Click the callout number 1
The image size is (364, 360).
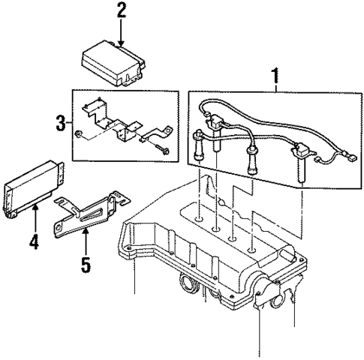(275, 75)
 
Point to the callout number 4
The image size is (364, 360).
(34, 242)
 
